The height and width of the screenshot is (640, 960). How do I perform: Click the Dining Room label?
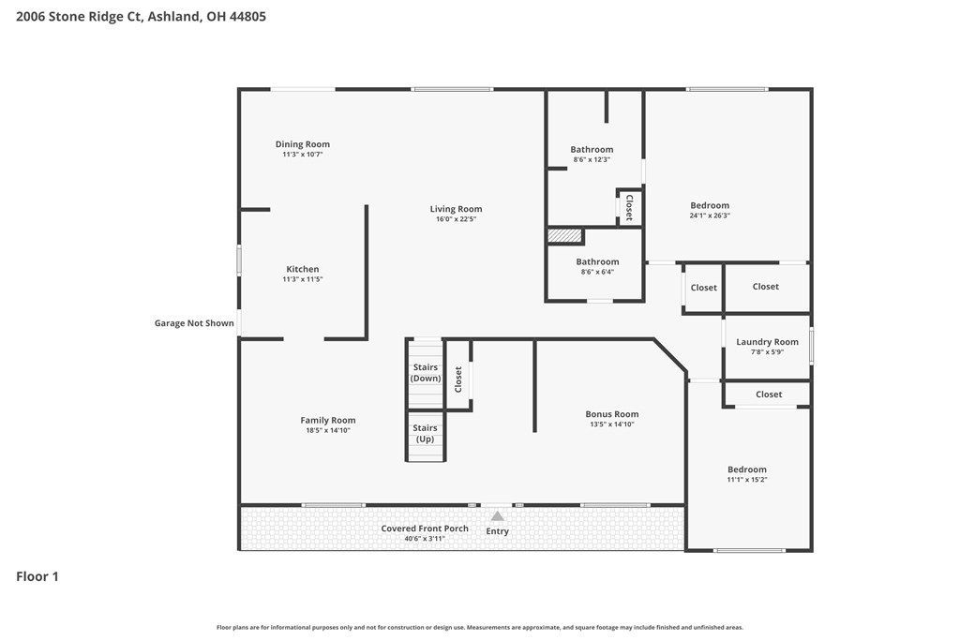pyautogui.click(x=303, y=144)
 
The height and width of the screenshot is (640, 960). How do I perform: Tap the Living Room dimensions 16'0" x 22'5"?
pyautogui.click(x=456, y=219)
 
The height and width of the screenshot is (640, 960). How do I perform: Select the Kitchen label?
pyautogui.click(x=303, y=269)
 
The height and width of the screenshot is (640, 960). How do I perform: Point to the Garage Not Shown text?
pyautogui.click(x=194, y=323)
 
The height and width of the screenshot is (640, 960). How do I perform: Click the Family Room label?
pyautogui.click(x=327, y=421)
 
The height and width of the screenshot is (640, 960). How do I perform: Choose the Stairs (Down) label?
pyautogui.click(x=426, y=373)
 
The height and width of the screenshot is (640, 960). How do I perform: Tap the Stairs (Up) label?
pyautogui.click(x=425, y=433)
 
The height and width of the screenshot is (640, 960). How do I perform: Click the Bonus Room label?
pyautogui.click(x=611, y=414)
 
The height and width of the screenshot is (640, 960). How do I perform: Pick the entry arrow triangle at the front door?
pyautogui.click(x=497, y=516)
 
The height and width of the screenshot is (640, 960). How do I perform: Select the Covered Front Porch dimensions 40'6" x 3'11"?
pyautogui.click(x=425, y=539)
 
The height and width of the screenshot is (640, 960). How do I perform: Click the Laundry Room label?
pyautogui.click(x=767, y=342)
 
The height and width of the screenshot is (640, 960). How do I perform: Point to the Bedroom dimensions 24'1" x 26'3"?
pyautogui.click(x=710, y=216)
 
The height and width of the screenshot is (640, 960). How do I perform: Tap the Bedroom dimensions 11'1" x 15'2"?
pyautogui.click(x=747, y=480)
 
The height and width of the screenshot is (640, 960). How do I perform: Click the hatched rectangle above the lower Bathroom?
pyautogui.click(x=563, y=235)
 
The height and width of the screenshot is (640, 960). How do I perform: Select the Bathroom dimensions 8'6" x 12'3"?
pyautogui.click(x=592, y=159)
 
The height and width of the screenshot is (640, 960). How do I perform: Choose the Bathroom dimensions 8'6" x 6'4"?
pyautogui.click(x=597, y=273)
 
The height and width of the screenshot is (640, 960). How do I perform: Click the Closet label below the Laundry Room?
pyautogui.click(x=769, y=394)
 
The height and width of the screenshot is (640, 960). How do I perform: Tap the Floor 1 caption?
pyautogui.click(x=37, y=576)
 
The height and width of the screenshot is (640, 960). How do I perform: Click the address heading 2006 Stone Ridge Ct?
pyautogui.click(x=79, y=17)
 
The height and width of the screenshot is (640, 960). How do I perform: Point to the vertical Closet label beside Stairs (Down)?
pyautogui.click(x=457, y=380)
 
